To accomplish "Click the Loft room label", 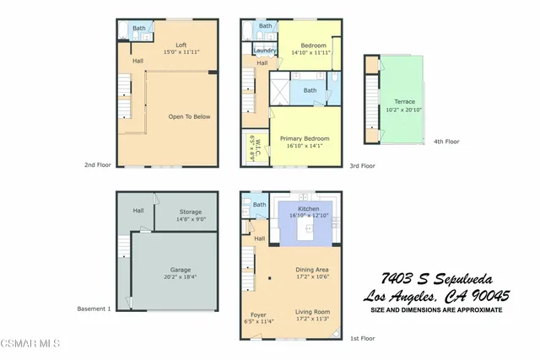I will point(181,45).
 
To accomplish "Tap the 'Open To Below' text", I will point(188,116).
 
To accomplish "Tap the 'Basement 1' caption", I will point(94,309).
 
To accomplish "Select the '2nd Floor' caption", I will point(97,166).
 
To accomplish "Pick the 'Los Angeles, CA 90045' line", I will point(436,296).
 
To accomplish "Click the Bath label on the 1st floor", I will point(259,204).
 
